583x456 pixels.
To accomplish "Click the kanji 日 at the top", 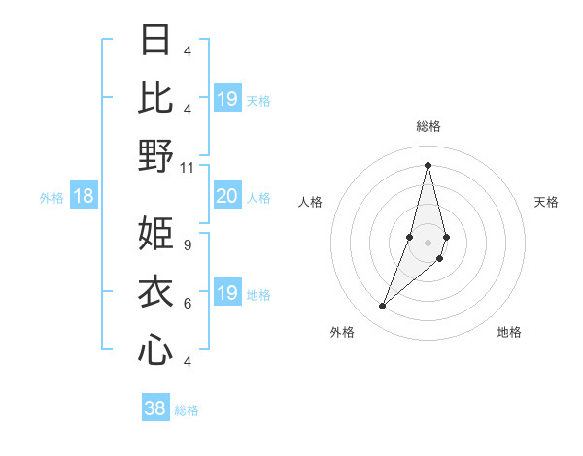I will point(156,41).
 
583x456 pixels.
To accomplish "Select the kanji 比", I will point(156,97).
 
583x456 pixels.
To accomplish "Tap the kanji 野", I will point(156,155).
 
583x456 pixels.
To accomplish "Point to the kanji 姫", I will point(156,233).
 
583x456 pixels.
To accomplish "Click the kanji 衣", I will point(156,292).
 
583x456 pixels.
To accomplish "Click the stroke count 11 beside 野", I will point(188,167).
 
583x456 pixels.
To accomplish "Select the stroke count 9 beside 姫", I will point(188,244).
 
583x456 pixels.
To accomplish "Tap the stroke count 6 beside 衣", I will point(188,304).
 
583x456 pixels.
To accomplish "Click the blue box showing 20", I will point(227,197).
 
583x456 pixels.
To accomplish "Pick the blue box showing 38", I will point(155,409).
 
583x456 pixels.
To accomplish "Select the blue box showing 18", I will point(84,197).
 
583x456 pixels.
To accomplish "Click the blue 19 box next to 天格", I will point(227,99).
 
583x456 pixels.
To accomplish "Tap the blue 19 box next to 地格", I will point(227,294).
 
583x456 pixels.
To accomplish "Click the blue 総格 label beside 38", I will point(188,410).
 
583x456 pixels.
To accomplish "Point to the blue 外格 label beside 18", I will point(51,198).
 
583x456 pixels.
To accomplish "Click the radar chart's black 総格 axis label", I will point(429,126).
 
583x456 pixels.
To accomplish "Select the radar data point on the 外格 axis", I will point(383,307).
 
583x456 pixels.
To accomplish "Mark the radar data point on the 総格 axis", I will point(429,165).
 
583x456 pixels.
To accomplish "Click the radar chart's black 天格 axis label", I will point(547,202).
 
